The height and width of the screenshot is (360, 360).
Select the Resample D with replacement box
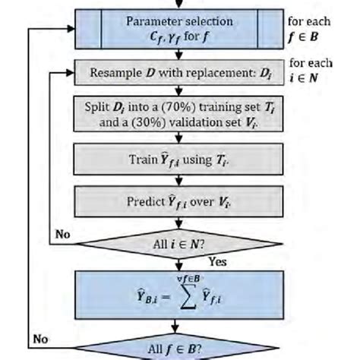[x=180, y=76]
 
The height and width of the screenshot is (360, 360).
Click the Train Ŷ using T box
[x=180, y=161]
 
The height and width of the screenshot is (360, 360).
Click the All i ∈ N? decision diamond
[x=180, y=244]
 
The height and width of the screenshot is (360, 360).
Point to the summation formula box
[x=180, y=296]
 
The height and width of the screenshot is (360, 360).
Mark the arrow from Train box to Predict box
[x=180, y=182]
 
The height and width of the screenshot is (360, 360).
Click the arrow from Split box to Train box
[x=180, y=139]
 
